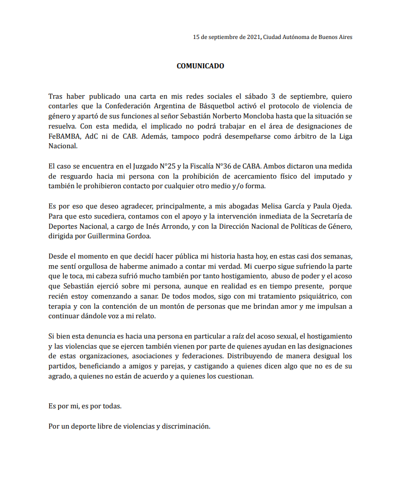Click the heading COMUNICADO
point(200,66)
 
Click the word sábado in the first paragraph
point(272,96)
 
